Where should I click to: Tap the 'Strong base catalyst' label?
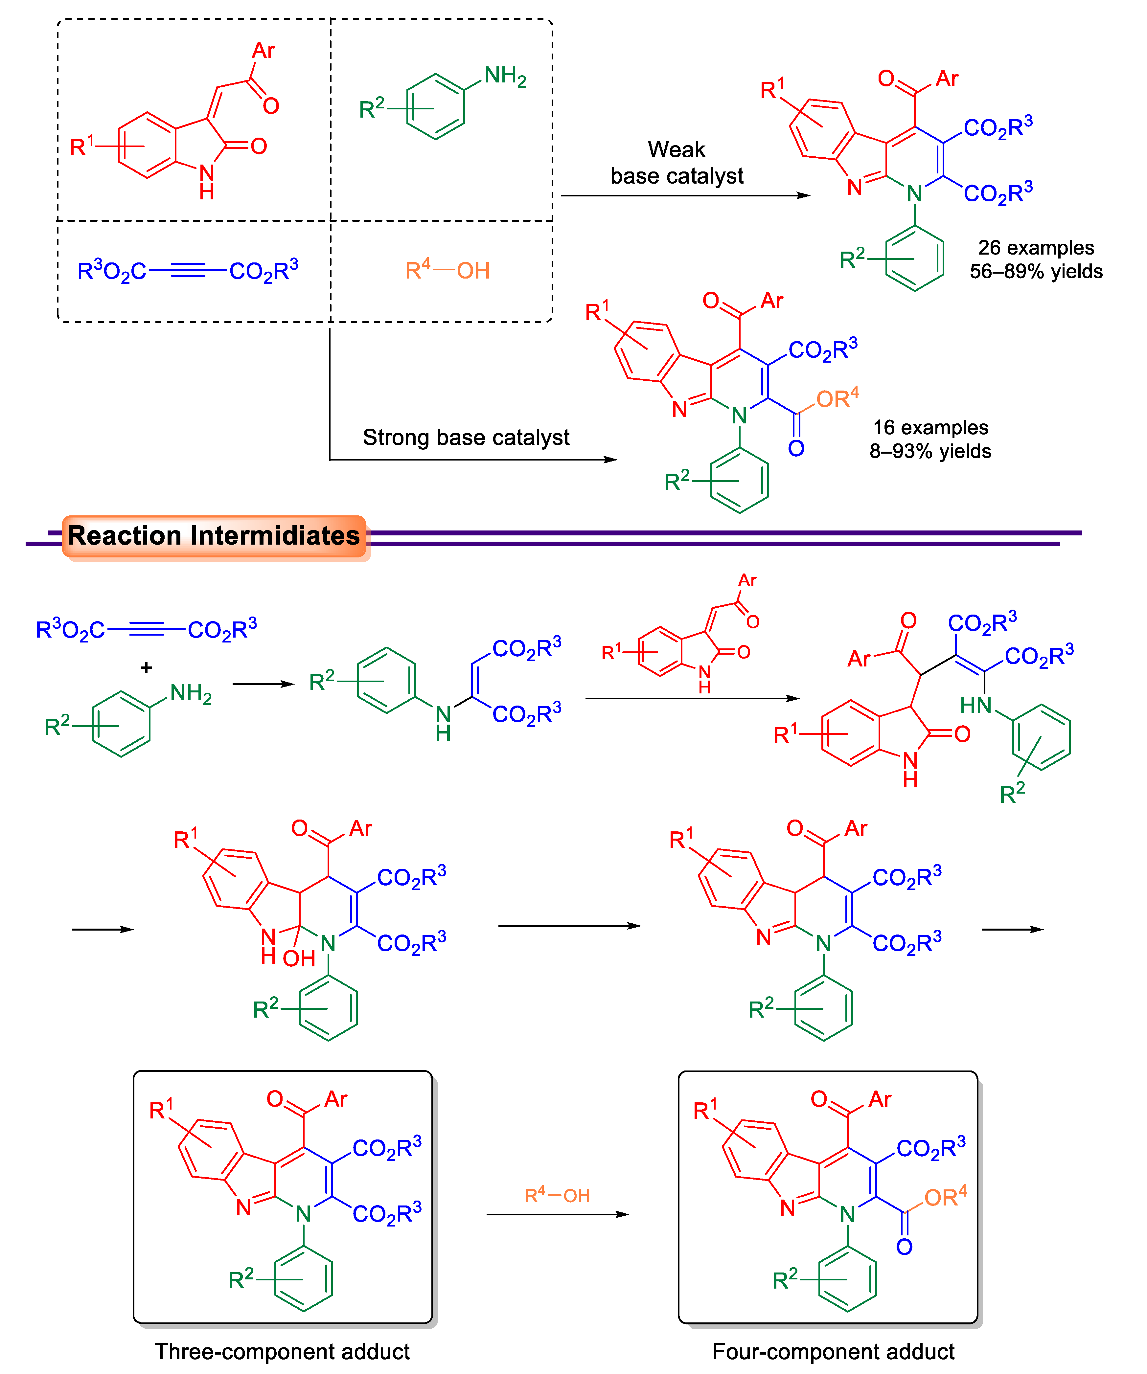pyautogui.click(x=466, y=437)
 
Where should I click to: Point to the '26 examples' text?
pyautogui.click(x=1036, y=248)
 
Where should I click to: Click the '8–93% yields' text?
pyautogui.click(x=930, y=451)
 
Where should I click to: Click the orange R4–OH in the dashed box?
pyautogui.click(x=447, y=270)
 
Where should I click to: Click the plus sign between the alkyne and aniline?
pyautogui.click(x=147, y=667)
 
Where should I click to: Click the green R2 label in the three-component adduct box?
pyautogui.click(x=241, y=1279)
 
